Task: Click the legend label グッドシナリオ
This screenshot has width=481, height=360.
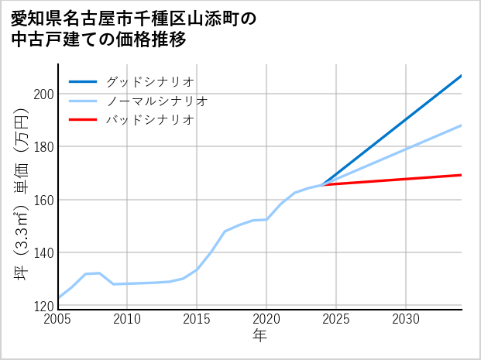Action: (x=149, y=81)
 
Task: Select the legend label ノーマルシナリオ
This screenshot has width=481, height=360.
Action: (x=156, y=101)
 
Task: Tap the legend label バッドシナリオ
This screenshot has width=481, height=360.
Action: (x=149, y=120)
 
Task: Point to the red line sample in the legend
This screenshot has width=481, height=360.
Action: (x=83, y=120)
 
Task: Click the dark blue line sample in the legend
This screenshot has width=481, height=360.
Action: (x=83, y=81)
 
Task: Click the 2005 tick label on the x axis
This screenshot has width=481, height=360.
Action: (x=58, y=319)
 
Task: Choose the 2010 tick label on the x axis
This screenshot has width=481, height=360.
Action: (x=128, y=319)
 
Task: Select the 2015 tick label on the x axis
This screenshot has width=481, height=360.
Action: (x=197, y=319)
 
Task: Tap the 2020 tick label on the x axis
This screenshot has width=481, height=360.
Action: (x=266, y=319)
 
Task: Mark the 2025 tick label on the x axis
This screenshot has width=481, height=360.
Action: (x=336, y=319)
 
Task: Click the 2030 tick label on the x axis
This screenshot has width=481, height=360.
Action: (x=406, y=319)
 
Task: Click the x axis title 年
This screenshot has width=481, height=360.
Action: (x=260, y=336)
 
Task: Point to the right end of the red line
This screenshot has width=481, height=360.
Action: (x=461, y=175)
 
